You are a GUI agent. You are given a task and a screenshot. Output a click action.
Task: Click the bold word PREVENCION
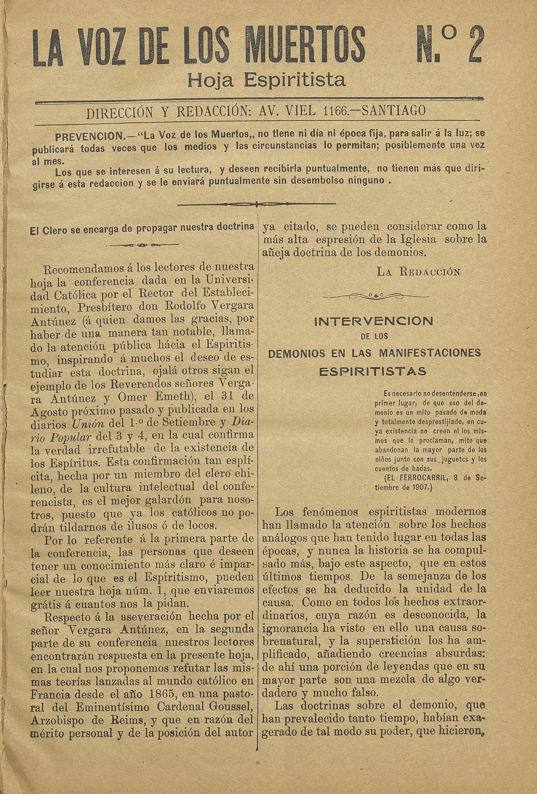pyautogui.click(x=90, y=138)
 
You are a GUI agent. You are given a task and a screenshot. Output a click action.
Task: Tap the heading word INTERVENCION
pyautogui.click(x=373, y=321)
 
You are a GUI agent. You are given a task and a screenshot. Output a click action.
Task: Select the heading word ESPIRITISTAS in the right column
pyautogui.click(x=372, y=371)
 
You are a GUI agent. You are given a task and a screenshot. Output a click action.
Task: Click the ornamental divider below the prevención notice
pyautogui.click(x=256, y=205)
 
